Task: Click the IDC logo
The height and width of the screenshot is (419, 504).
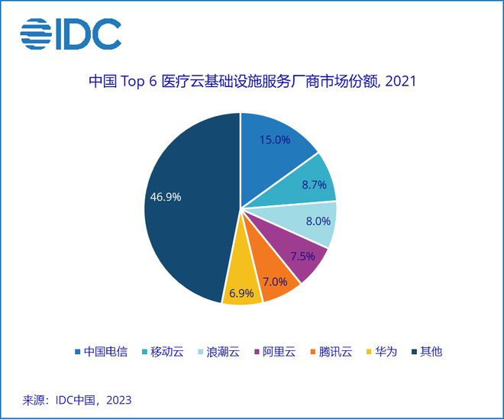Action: pos(70,33)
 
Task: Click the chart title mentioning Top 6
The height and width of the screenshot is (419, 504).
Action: pos(251,81)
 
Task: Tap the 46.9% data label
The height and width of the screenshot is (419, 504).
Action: pos(165,197)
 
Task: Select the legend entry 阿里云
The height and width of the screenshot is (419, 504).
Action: pos(279,352)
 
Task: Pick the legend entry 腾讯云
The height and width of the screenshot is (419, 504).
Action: pos(334,352)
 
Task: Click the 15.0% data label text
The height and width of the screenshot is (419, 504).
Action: pos(274,140)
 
